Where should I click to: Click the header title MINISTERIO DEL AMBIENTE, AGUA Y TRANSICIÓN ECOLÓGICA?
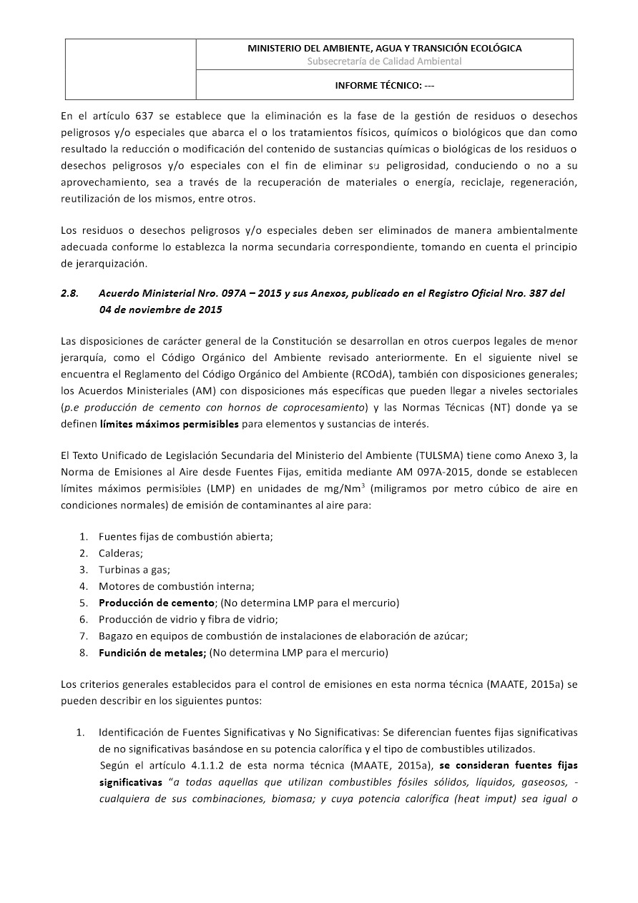coord(384,48)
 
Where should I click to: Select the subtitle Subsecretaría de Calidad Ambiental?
coord(384,61)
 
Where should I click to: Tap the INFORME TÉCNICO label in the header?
coord(384,85)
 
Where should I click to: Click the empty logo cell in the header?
coord(131,69)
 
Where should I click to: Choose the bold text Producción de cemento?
coord(157,603)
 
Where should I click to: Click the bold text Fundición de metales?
coord(152,652)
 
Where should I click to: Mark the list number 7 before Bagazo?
coord(83,636)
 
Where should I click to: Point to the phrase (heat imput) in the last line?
coord(483,798)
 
